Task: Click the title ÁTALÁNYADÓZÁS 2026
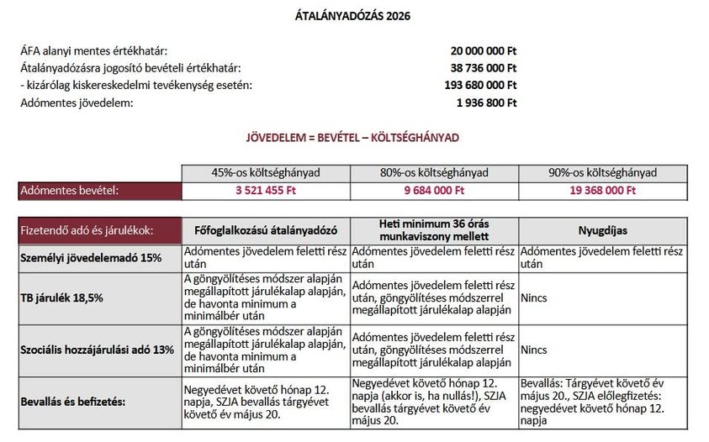(x=353, y=15)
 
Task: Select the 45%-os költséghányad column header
(x=266, y=173)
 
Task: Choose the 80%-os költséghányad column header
(x=434, y=173)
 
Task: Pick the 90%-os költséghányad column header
(x=602, y=173)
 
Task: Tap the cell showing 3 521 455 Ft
(x=266, y=191)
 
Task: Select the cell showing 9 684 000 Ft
(x=434, y=191)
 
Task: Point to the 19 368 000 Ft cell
(x=602, y=191)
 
